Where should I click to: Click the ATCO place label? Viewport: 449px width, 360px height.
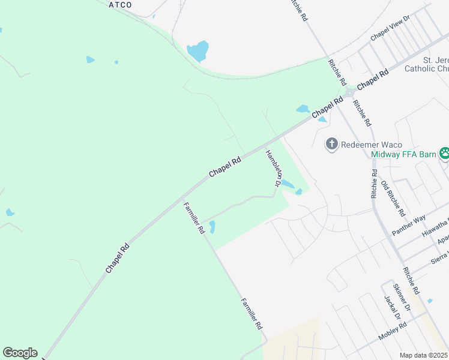pos(120,5)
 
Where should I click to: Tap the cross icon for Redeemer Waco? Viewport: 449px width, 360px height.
pos(331,144)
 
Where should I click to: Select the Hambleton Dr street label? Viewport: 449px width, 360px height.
pos(273,168)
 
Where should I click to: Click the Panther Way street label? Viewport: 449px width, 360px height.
pos(409,226)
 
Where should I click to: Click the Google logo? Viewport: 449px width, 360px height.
pos(20,353)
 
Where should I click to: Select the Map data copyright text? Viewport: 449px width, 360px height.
pos(424,355)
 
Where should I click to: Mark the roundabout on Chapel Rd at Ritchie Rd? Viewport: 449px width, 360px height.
pos(349,92)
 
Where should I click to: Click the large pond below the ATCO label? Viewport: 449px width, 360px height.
pos(198,51)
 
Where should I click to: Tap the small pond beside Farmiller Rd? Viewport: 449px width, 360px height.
pos(212,227)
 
